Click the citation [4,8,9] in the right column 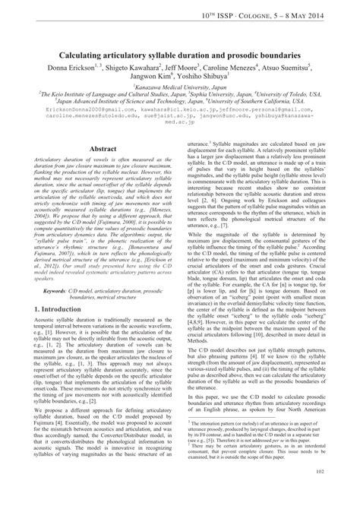click(x=207, y=321)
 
